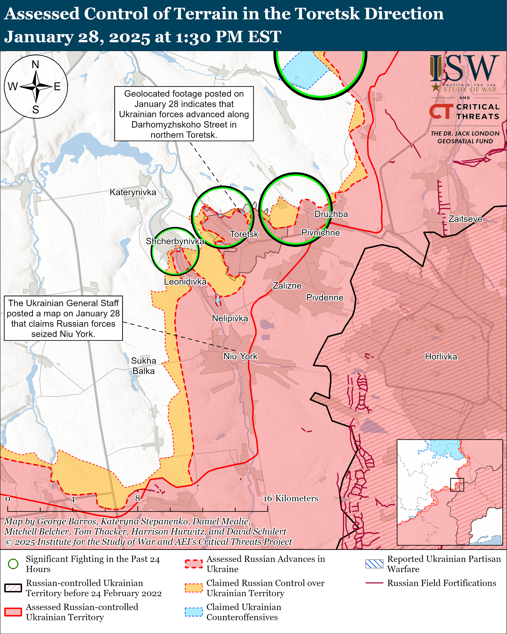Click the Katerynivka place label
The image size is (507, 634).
133,192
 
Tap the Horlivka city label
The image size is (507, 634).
441,357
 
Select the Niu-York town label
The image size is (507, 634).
240,356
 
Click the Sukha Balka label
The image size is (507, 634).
143,366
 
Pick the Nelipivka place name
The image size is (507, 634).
230,319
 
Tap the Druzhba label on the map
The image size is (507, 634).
331,214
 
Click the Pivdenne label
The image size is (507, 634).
325,298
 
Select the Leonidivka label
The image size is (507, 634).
185,282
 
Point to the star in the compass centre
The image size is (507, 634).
36,87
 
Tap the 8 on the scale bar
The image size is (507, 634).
138,498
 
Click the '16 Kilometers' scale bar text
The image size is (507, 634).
290,498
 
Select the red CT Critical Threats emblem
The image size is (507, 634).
441,111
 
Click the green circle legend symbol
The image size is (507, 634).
13,564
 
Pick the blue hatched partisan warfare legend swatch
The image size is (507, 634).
374,564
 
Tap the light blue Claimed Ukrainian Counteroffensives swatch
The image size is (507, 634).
194,612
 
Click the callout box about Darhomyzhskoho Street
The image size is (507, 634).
184,114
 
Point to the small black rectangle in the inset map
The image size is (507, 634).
457,485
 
